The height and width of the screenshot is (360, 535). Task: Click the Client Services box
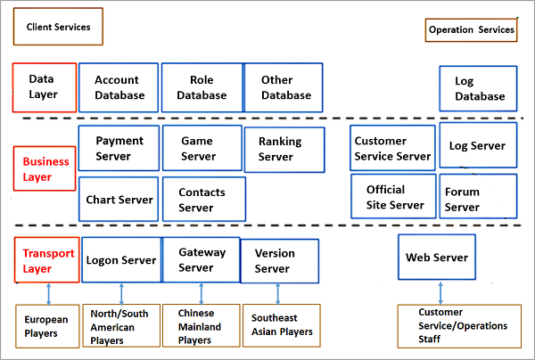[58, 27]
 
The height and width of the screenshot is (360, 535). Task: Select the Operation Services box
[471, 29]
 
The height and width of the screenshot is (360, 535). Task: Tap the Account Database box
[119, 87]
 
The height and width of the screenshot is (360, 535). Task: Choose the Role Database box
[202, 87]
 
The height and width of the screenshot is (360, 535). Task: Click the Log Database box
[480, 89]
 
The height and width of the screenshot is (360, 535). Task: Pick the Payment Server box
[119, 148]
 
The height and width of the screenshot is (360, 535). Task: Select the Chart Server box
[119, 199]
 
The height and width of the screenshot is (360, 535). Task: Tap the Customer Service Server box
[392, 148]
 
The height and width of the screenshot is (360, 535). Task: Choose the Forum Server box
[478, 197]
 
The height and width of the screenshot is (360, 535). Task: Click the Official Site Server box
[392, 197]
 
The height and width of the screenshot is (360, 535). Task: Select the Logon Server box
[120, 259]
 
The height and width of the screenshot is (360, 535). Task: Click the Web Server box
[437, 258]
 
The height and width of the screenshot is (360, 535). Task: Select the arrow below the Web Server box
[440, 292]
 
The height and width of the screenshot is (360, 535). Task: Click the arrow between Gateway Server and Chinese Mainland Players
[202, 293]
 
